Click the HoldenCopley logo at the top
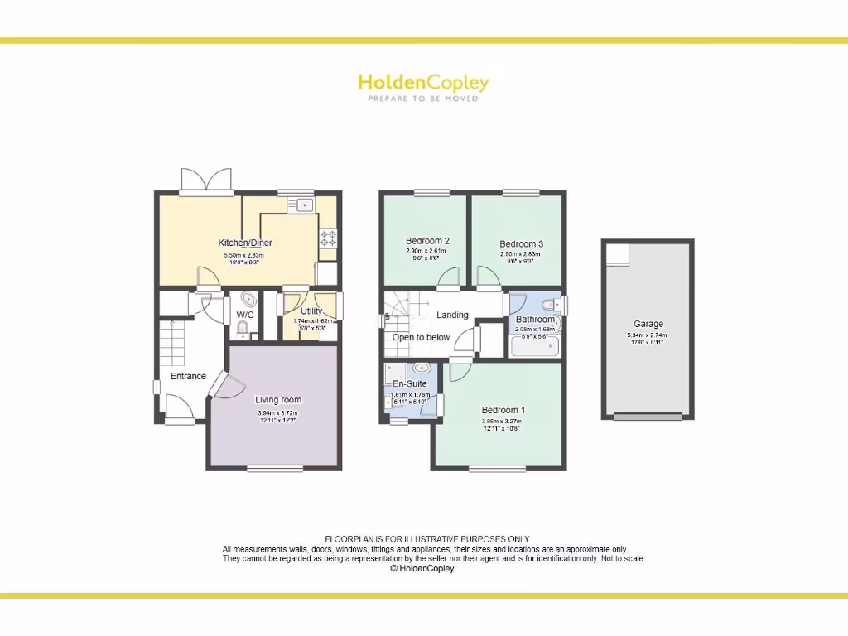coord(423,83)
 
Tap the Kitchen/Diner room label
coord(245,243)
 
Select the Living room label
coord(278,400)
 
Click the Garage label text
coord(648,324)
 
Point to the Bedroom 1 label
coord(503,410)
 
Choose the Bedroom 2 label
coord(427,241)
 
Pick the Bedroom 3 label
coord(522,243)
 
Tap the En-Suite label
coord(410,383)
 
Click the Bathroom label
coord(535,319)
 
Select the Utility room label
coord(311,311)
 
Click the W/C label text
coord(245,315)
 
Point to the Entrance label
coord(188,376)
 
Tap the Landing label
coord(452,315)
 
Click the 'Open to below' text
coord(422,337)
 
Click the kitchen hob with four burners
coord(328,238)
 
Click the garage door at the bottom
coord(648,416)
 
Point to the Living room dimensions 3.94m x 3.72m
coord(277,412)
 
